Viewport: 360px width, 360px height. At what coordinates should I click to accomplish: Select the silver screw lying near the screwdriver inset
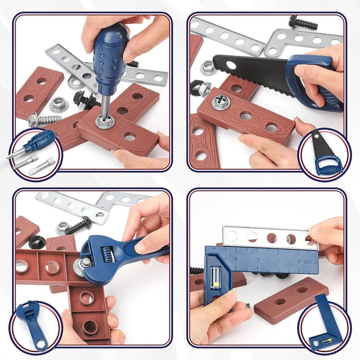click(44, 119)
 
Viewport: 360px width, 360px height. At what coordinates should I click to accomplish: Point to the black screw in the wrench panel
click(78, 226)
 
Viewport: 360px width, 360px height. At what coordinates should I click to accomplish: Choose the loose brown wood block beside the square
click(290, 300)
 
